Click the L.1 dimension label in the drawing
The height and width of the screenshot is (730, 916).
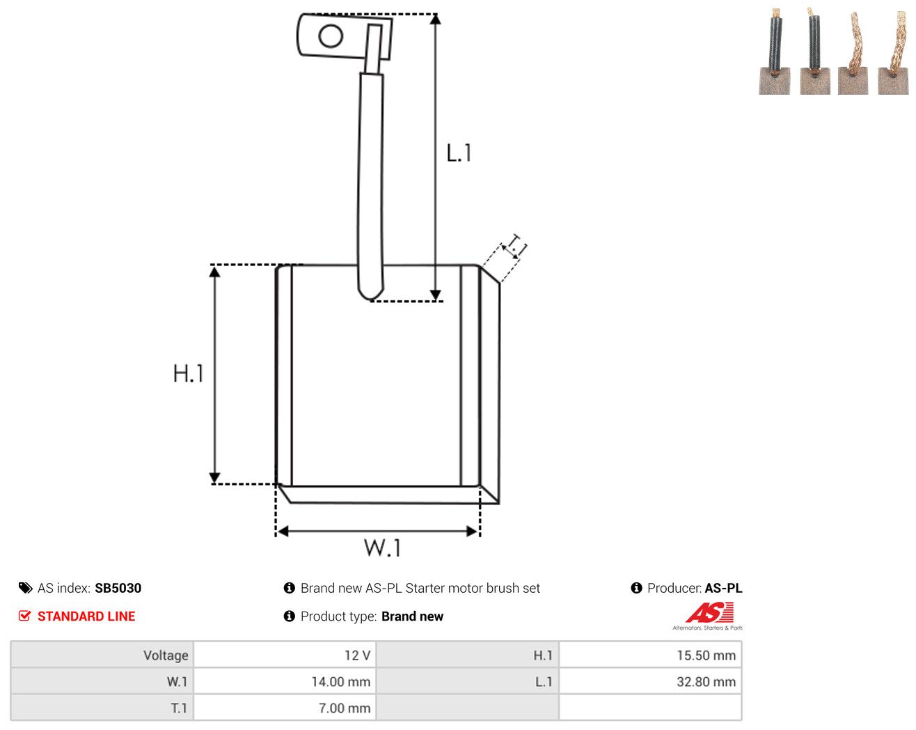[x=459, y=153]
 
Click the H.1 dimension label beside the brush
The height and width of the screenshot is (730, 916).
[x=188, y=373]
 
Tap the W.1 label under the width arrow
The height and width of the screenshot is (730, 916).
[x=382, y=547]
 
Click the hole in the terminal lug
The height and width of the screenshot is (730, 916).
[x=331, y=36]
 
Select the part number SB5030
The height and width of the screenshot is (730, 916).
[x=118, y=588]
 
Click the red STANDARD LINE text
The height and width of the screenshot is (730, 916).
[x=86, y=616]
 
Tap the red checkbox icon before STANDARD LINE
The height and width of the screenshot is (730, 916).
[x=24, y=616]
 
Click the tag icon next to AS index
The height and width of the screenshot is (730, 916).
[x=26, y=588]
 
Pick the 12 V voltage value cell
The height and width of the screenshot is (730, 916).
[x=284, y=655]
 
